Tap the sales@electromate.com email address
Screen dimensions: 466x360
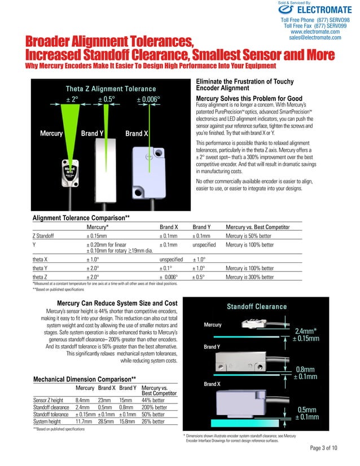coord(315,38)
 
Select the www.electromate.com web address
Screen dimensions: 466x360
coord(315,32)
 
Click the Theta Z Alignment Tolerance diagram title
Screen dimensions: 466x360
coord(111,89)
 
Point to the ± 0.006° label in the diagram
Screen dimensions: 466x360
coord(148,99)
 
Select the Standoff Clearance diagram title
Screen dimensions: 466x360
coord(257,306)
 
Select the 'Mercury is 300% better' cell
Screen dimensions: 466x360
coord(249,278)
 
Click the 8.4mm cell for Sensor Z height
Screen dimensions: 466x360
coord(83,401)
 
